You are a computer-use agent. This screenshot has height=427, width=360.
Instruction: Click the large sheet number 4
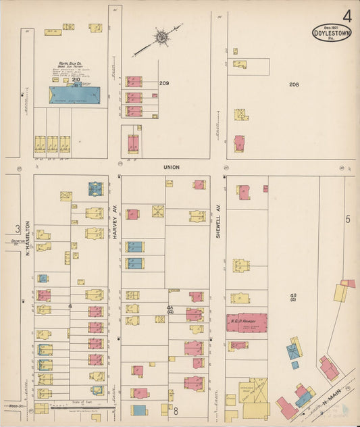(x=346, y=15)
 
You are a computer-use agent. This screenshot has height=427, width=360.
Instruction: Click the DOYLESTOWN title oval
(x=332, y=33)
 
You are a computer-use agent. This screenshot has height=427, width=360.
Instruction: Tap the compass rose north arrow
(x=161, y=36)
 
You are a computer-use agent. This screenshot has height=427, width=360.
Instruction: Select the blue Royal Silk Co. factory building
(x=74, y=95)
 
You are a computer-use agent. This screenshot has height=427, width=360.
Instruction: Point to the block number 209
(x=163, y=83)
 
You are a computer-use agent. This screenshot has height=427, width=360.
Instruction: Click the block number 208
(x=293, y=84)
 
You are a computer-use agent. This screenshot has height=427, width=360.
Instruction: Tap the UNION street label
(x=170, y=166)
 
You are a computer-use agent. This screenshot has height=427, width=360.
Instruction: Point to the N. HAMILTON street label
(x=29, y=241)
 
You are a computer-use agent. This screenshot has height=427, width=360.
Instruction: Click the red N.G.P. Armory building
(x=247, y=322)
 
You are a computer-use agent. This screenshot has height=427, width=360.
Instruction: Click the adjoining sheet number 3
(x=13, y=229)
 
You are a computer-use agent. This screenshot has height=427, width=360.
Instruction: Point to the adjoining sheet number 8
(x=174, y=410)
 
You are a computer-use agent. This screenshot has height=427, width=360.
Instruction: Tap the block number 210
(x=76, y=80)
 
